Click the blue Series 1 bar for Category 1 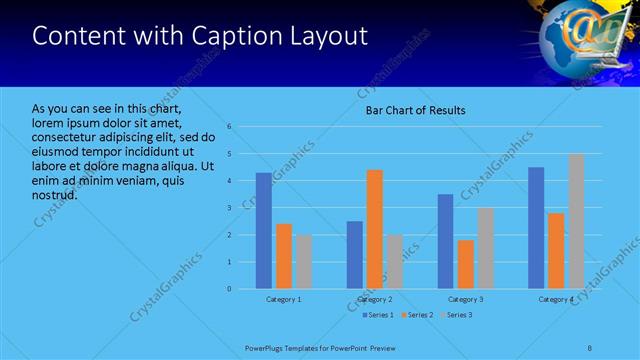pyautogui.click(x=263, y=231)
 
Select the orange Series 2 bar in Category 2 pyautogui.click(x=375, y=229)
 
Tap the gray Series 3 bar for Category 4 pyautogui.click(x=576, y=221)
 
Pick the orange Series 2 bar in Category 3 pyautogui.click(x=465, y=264)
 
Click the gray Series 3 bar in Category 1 pyautogui.click(x=303, y=262)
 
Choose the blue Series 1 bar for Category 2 pyautogui.click(x=355, y=255)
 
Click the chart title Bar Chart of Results pyautogui.click(x=414, y=110)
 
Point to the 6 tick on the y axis pyautogui.click(x=229, y=127)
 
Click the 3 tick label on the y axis pyautogui.click(x=229, y=208)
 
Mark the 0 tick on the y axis pyautogui.click(x=229, y=289)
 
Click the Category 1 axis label pyautogui.click(x=283, y=299)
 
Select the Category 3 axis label pyautogui.click(x=465, y=299)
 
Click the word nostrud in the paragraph pyautogui.click(x=54, y=194)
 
